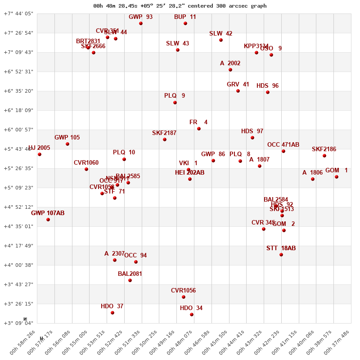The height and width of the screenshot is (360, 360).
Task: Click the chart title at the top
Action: point(180,6)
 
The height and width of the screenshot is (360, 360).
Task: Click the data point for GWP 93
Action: point(141,23)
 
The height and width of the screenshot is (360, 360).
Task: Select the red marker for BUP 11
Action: point(185,23)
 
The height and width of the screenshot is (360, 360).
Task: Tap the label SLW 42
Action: point(221,34)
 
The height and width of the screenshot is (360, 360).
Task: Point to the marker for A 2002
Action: point(230,70)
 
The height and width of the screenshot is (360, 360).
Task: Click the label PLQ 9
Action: point(175,96)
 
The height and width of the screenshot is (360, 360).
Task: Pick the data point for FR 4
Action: point(199,129)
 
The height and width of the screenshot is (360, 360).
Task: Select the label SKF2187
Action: point(164,133)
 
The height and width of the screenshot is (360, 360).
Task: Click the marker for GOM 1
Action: point(337,177)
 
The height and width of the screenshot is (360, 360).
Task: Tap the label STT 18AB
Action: point(281,248)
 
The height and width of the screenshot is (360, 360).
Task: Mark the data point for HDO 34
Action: point(192,315)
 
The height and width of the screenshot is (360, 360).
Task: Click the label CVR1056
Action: point(183,291)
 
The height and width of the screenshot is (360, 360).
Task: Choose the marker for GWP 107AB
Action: point(48,220)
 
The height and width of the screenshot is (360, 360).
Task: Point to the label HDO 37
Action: point(112,306)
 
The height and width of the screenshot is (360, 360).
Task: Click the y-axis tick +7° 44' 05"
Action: point(18,13)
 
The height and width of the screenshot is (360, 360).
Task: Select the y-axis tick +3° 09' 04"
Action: point(18,323)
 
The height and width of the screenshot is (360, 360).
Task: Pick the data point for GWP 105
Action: point(67,144)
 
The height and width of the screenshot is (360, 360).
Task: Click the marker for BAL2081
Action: point(130,280)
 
